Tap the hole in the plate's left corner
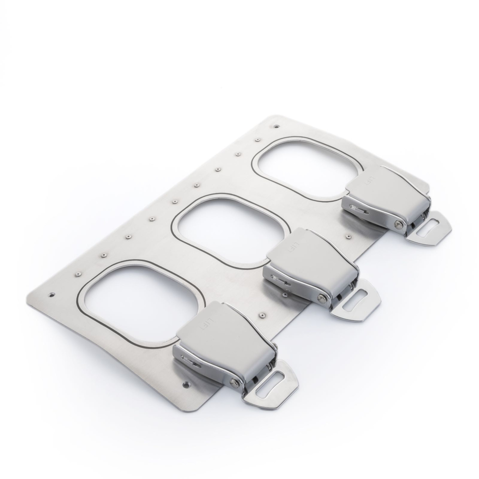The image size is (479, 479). coord(52,294)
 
